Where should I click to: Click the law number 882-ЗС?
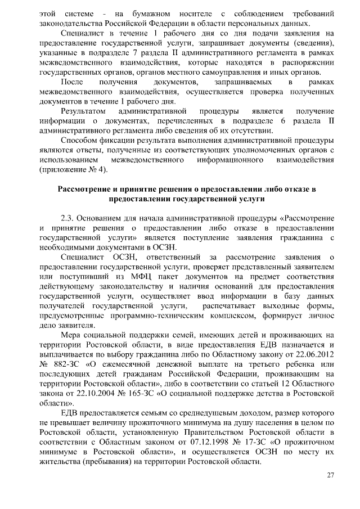click(x=66, y=365)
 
